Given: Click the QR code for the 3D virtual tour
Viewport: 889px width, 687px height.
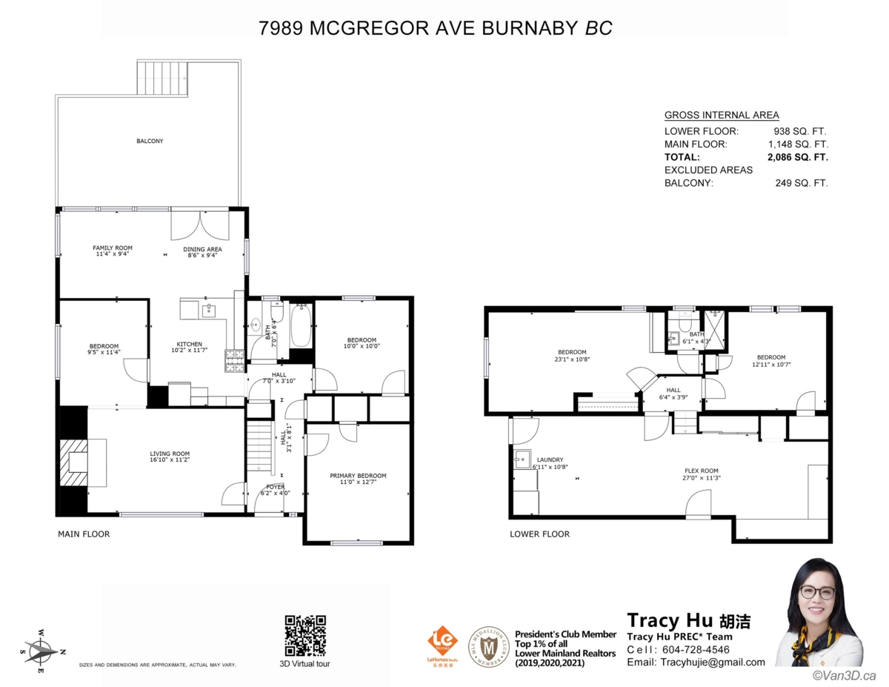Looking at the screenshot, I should coord(305,635).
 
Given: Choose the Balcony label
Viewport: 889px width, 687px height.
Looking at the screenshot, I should coord(150,141).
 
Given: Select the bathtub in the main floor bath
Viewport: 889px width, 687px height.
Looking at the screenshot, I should coord(300,327).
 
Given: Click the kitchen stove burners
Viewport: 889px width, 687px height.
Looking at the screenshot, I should coord(234,361).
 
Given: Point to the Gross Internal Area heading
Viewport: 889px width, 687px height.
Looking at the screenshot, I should coord(721,115).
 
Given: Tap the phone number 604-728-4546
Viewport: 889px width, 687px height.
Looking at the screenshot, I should coord(694,649).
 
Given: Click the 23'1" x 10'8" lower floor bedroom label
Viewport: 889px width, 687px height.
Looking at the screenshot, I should coord(572,356).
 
